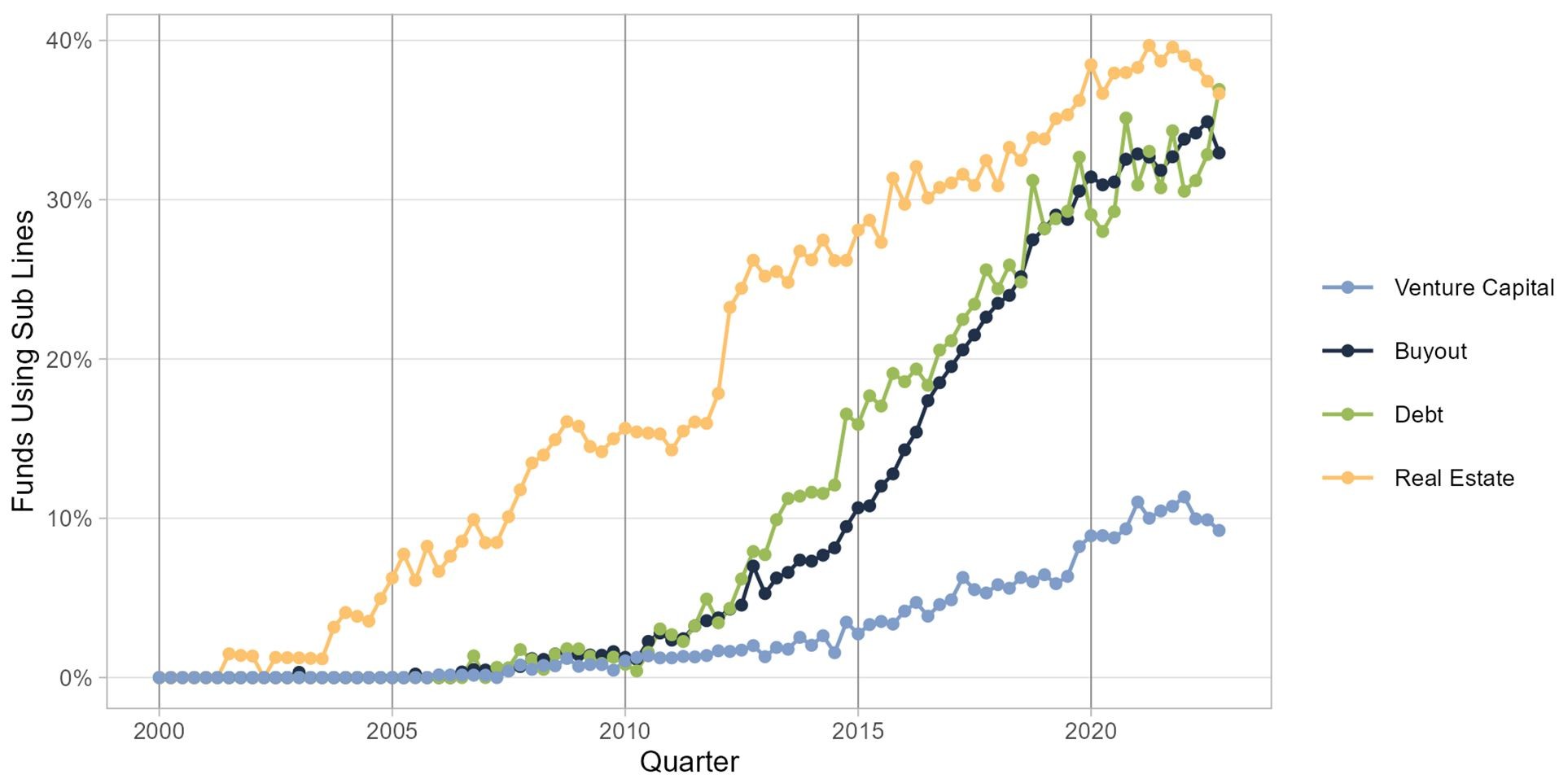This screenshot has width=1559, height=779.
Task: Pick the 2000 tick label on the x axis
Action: pyautogui.click(x=159, y=730)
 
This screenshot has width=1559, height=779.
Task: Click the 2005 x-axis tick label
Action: pyautogui.click(x=392, y=730)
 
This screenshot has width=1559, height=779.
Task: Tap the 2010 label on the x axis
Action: pyautogui.click(x=625, y=730)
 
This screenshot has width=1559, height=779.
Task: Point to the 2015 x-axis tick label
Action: pyautogui.click(x=858, y=730)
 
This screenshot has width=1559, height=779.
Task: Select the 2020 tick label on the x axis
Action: pyautogui.click(x=1091, y=730)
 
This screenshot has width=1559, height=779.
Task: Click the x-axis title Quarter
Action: pyautogui.click(x=689, y=762)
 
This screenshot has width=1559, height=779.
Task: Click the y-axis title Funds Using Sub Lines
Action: pyautogui.click(x=24, y=361)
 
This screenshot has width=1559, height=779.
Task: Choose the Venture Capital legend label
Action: pyautogui.click(x=1474, y=287)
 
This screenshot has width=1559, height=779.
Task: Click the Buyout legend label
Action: pyautogui.click(x=1430, y=351)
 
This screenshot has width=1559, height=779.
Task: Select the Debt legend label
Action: pyautogui.click(x=1419, y=414)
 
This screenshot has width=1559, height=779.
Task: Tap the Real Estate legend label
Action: pyautogui.click(x=1454, y=478)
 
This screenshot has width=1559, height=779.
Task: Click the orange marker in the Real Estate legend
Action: pyautogui.click(x=1347, y=478)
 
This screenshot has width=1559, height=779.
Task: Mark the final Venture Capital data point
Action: pyautogui.click(x=1219, y=531)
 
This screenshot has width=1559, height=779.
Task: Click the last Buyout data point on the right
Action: pyautogui.click(x=1219, y=153)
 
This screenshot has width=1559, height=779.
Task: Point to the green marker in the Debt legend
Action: pyautogui.click(x=1347, y=414)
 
